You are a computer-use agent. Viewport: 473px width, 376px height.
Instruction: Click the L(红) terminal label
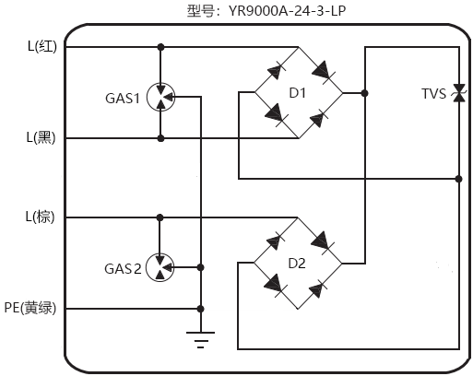pyautogui.click(x=41, y=47)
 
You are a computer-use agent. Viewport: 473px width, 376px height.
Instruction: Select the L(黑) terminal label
pyautogui.click(x=41, y=138)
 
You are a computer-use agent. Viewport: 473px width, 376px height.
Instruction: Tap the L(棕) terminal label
pyautogui.click(x=41, y=217)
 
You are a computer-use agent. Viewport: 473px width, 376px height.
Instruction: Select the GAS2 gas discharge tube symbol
pyautogui.click(x=161, y=267)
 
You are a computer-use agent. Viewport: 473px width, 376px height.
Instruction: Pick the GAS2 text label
pyautogui.click(x=122, y=269)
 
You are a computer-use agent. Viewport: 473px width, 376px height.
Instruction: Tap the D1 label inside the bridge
pyautogui.click(x=297, y=93)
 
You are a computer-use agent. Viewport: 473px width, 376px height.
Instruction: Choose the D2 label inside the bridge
pyautogui.click(x=297, y=264)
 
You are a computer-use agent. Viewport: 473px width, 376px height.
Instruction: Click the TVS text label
pyautogui.click(x=433, y=93)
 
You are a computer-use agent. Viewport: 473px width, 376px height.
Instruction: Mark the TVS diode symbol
pyautogui.click(x=458, y=93)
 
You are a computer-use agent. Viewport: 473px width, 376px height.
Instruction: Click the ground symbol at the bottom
pyautogui.click(x=200, y=337)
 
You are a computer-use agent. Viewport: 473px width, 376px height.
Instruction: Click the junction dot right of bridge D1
pyautogui.click(x=366, y=93)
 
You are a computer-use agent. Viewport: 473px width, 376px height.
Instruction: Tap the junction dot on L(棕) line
pyautogui.click(x=160, y=217)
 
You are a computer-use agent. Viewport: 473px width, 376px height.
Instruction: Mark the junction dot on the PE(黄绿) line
pyautogui.click(x=200, y=309)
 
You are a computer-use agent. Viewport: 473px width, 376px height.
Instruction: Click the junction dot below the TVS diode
pyautogui.click(x=458, y=178)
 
